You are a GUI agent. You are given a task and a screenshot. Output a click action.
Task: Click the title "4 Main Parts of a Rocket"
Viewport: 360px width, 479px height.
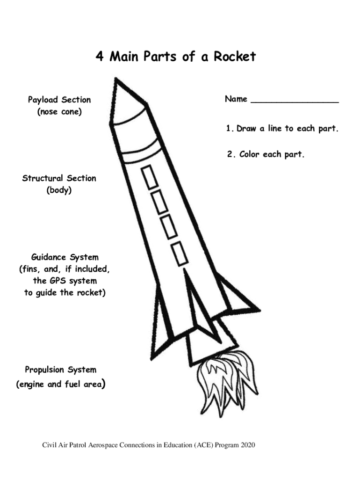tap(176, 57)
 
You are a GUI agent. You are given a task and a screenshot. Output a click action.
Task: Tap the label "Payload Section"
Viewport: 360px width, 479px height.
tap(59, 100)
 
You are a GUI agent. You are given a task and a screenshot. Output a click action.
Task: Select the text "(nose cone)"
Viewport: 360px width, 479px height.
tap(59, 112)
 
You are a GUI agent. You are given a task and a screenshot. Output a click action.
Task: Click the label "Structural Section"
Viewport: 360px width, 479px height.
tap(59, 178)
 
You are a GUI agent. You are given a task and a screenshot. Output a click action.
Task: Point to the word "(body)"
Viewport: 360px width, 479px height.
tap(59, 191)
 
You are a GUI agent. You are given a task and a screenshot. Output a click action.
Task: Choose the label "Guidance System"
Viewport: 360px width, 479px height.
tap(65, 257)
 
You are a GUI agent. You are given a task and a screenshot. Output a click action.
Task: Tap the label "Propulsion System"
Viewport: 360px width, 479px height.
tap(61, 370)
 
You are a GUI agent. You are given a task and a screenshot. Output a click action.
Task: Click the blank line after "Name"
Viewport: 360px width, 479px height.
tap(295, 100)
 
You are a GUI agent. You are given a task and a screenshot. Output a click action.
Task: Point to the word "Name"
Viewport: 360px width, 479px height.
tap(236, 99)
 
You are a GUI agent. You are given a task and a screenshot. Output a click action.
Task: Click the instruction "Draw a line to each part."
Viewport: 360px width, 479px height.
tap(287, 128)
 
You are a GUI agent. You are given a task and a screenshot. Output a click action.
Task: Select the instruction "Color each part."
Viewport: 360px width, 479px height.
tap(272, 154)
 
